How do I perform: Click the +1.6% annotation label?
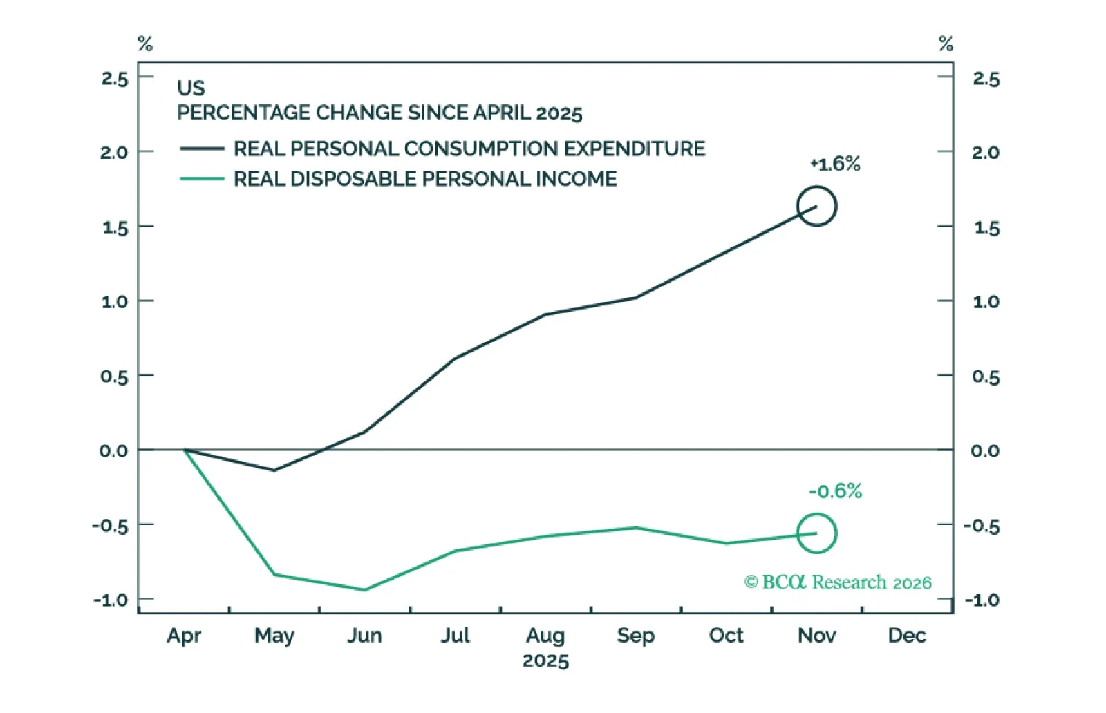836,164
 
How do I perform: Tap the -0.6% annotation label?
836,491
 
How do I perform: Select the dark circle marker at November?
816,206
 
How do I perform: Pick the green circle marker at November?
816,533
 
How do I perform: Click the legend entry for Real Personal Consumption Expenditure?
443,149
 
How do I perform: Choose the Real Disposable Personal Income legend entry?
399,179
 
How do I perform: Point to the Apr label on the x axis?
184,636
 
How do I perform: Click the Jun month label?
364,636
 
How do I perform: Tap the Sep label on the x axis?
635,636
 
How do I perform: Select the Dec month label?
907,636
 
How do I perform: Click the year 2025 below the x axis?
545,660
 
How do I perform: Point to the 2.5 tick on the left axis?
115,79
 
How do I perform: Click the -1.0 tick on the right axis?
982,600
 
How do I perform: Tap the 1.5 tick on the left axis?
115,228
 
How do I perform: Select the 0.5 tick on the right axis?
986,377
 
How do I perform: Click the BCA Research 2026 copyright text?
838,582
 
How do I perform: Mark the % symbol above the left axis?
145,44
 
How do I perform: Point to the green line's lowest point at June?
364,590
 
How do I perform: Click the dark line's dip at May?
274,470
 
